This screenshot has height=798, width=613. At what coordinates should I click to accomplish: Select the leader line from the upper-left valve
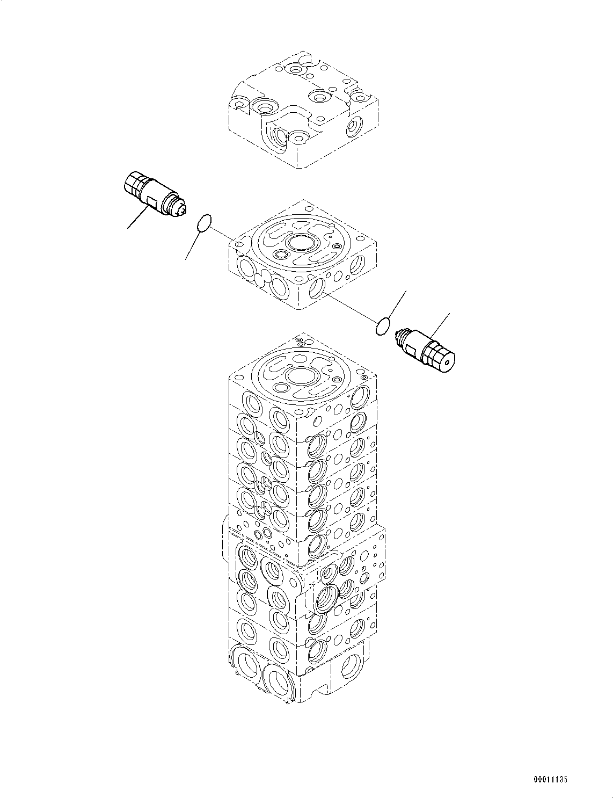point(138,217)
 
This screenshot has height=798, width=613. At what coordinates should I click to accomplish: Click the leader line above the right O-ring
point(396,304)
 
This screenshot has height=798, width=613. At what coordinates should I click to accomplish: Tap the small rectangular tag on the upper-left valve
point(151,202)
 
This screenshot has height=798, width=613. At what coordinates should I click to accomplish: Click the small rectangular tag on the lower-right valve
point(411,350)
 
